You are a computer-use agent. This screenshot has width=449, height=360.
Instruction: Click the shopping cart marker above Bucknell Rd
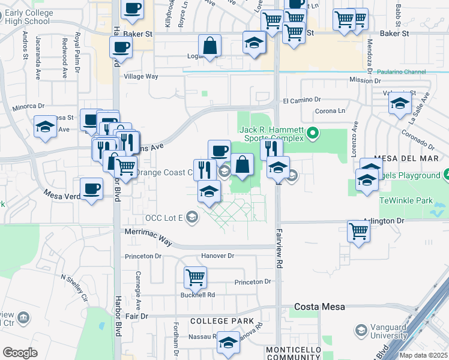[x=196, y=277]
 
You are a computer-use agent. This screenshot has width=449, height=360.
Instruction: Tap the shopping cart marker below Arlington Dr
[x=358, y=231]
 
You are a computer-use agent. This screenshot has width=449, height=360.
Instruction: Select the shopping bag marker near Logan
[x=210, y=46]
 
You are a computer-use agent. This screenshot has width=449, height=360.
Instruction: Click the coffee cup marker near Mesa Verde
[x=91, y=189]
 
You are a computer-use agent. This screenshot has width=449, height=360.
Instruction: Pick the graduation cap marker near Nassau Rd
[x=228, y=343]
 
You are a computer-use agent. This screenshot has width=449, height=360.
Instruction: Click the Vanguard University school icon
[x=361, y=331]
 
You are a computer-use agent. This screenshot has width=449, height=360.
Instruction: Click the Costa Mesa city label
[x=319, y=307]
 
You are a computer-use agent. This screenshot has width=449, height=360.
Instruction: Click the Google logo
[x=19, y=353]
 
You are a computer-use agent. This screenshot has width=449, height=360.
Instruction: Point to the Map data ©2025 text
[x=424, y=355]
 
